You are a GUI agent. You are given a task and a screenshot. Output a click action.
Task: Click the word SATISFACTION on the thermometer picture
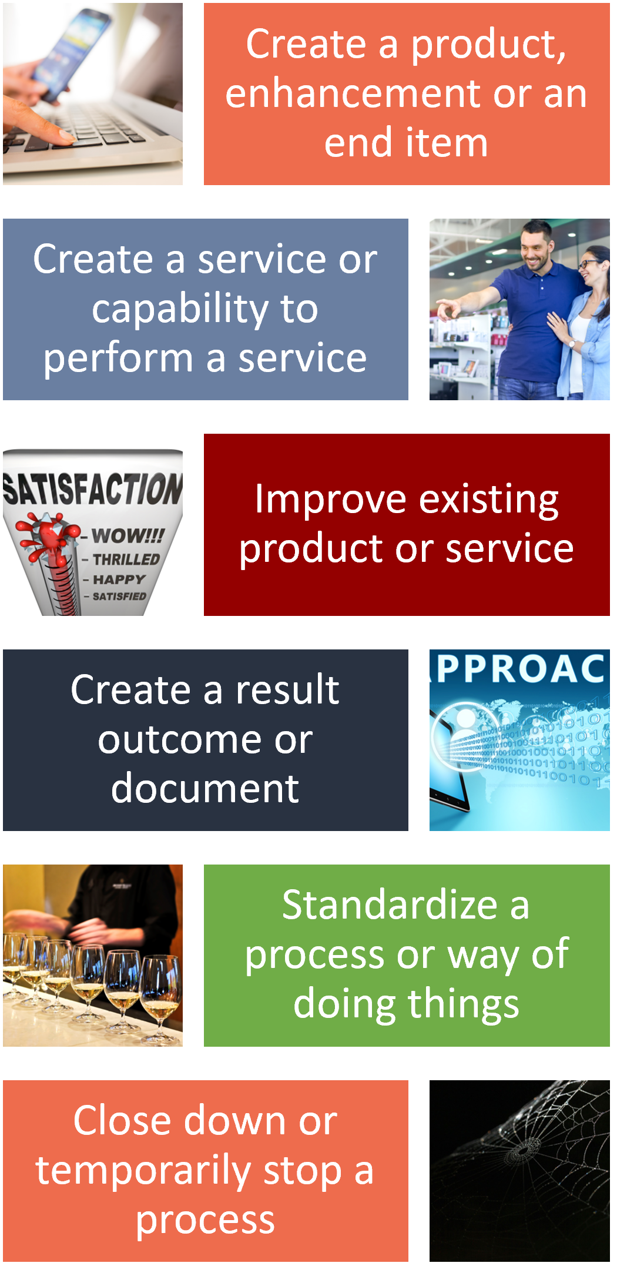coord(93,489)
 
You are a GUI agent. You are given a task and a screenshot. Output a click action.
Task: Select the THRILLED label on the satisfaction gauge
coord(126,560)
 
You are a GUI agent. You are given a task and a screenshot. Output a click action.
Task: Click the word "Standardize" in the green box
coord(390,905)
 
